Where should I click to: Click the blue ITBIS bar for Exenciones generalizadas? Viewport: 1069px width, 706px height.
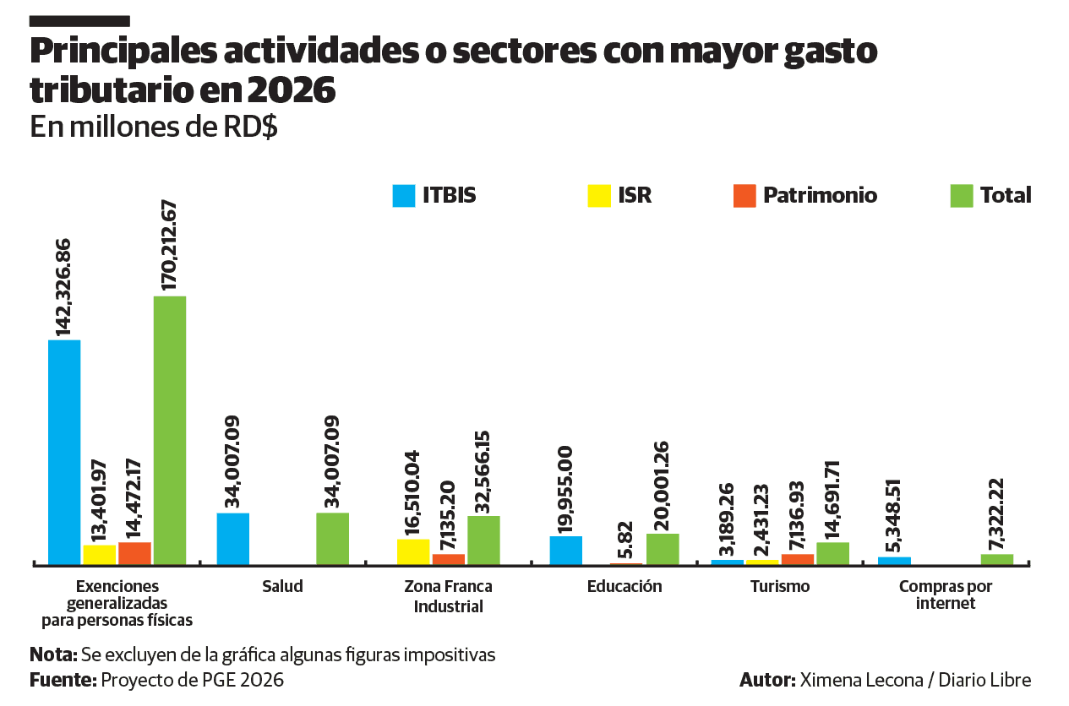(x=64, y=451)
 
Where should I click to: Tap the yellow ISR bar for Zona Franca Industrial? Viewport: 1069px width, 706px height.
(x=413, y=551)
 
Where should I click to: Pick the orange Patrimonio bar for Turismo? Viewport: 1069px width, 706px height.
(x=798, y=558)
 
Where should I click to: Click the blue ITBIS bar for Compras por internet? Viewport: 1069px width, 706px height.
(x=894, y=560)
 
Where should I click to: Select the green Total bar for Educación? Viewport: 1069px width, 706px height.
(x=663, y=548)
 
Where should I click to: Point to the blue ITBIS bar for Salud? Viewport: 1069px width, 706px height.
(x=233, y=538)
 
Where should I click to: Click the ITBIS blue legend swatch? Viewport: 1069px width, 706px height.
(x=404, y=196)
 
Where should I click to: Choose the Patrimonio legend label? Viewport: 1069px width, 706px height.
(x=820, y=196)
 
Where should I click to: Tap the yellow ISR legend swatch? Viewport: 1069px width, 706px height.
(x=599, y=196)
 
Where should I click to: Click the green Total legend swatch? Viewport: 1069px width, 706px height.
(x=962, y=196)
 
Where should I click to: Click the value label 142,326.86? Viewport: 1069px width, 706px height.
(x=63, y=287)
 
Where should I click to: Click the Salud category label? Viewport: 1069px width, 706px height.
(x=282, y=586)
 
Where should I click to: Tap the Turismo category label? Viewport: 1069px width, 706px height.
(x=779, y=586)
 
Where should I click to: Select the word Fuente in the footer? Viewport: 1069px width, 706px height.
(x=61, y=680)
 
